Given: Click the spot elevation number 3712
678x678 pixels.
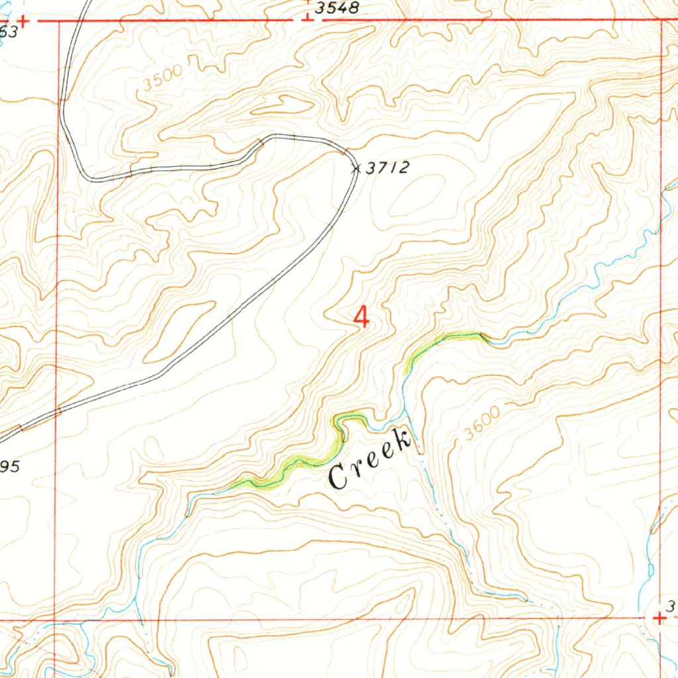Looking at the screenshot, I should coord(387,168).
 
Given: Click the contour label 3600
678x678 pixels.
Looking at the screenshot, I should coord(481,423).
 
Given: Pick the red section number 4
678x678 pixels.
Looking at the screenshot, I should coord(362,316).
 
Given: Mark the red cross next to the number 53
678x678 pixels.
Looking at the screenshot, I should coord(23,21).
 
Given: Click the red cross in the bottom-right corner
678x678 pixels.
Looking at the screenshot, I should coord(659,618).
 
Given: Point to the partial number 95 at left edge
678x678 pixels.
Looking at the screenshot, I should coord(9,466).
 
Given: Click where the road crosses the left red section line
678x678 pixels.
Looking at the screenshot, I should coord(58,411).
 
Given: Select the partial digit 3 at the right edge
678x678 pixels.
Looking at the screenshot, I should coord(670,605).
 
